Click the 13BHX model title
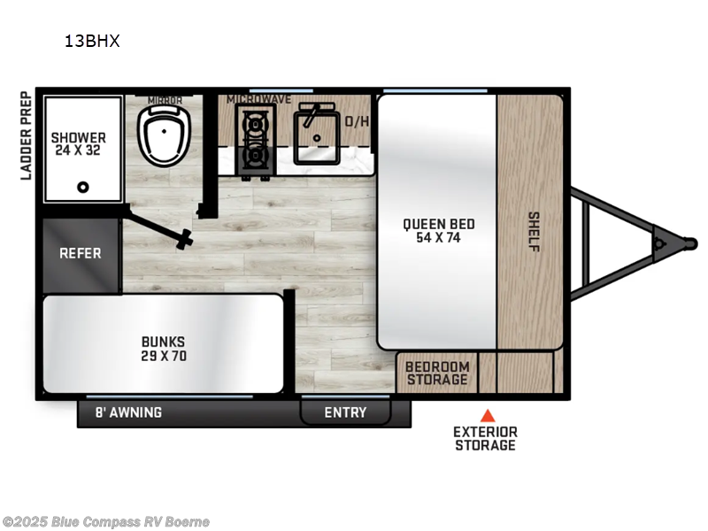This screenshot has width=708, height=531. tap(91, 40)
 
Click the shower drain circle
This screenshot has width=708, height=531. tap(83, 187)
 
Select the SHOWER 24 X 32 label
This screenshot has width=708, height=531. tap(79, 143)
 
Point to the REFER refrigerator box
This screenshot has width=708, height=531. tap(81, 253)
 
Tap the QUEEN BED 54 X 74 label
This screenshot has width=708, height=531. tap(436, 230)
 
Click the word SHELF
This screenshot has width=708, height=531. tap(533, 231)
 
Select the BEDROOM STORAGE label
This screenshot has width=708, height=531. tap(437, 373)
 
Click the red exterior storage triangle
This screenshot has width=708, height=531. tap(486, 414)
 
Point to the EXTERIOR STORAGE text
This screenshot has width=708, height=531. tap(485, 438)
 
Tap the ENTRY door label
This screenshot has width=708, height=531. tap(345, 412)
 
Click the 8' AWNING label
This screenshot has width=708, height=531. tap(129, 412)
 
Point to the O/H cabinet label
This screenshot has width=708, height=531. tap(357, 121)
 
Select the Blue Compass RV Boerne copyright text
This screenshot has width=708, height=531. tap(105, 521)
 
